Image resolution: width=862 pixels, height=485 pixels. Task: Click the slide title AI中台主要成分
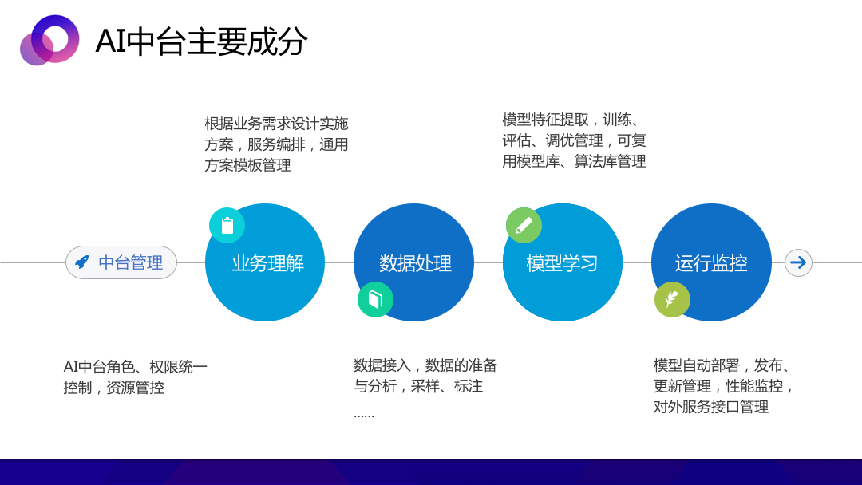point(201,41)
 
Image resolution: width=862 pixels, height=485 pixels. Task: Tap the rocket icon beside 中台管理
point(82,262)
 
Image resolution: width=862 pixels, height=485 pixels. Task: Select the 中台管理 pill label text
point(130,262)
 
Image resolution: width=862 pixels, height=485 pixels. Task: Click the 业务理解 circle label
point(267,263)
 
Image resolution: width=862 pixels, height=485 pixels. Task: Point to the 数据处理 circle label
point(415,263)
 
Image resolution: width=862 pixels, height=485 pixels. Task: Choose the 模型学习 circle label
point(562,263)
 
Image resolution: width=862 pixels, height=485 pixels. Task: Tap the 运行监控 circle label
point(711,263)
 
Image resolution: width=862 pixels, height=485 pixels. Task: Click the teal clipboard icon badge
point(227,225)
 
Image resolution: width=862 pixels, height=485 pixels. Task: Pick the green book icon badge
point(375,299)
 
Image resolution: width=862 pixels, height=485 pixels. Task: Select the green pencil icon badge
point(524,225)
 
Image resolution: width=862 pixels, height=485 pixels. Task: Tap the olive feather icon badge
point(672,299)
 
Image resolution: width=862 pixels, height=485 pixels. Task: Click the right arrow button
point(798,262)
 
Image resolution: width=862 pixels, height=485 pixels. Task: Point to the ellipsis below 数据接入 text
point(364,416)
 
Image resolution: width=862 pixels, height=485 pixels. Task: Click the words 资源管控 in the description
point(135,388)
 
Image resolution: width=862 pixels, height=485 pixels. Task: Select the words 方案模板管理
point(248,165)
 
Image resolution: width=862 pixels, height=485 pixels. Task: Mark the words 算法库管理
point(611,161)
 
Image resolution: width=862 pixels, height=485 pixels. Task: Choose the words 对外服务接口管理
point(711,407)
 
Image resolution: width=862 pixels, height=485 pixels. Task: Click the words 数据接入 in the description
point(382,365)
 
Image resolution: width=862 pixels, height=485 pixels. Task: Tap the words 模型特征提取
point(545,120)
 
